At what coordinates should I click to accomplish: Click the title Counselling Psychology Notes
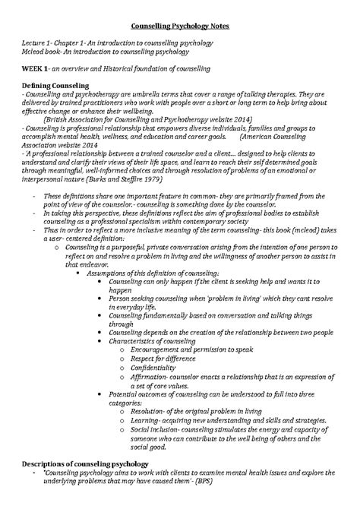pyautogui.click(x=179, y=25)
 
